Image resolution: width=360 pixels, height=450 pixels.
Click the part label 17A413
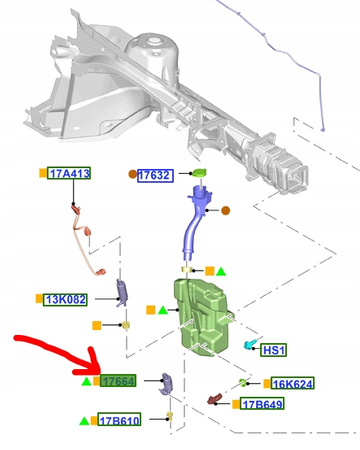69,173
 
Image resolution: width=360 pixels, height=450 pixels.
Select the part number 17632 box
155,175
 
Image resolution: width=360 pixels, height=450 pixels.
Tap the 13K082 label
65,299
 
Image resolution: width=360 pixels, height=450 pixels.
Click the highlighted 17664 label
118,381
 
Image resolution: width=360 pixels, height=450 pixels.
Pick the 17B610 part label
119,420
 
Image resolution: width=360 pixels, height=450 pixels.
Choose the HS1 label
273,350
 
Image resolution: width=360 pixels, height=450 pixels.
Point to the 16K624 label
292,384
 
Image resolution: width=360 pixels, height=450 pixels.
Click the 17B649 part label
262,404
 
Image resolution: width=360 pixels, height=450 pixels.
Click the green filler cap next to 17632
198,173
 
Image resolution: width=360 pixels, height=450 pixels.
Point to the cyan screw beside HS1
250,345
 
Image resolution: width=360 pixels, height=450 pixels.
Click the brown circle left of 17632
133,174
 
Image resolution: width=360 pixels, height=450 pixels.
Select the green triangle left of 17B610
84,421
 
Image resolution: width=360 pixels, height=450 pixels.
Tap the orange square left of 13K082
39,299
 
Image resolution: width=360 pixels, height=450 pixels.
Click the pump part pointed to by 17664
166,384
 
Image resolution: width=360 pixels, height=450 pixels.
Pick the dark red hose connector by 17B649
215,399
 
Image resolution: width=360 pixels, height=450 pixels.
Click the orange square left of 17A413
43,173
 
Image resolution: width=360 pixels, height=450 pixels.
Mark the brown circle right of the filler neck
226,211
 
